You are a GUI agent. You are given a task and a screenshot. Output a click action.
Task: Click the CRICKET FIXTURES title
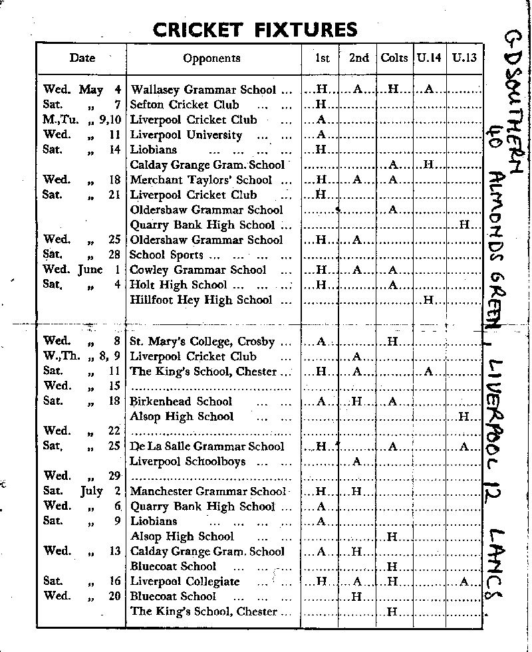tap(255, 29)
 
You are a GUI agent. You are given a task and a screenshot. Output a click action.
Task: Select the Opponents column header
tap(211, 58)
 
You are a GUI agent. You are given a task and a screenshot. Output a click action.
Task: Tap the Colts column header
tap(394, 58)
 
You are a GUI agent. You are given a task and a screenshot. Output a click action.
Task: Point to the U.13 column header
tap(464, 58)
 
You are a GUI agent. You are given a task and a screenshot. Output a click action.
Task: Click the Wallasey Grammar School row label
tap(205, 89)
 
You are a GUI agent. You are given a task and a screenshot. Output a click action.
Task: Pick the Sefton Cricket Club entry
tap(184, 104)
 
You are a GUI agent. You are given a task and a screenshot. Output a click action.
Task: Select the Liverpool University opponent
tap(186, 135)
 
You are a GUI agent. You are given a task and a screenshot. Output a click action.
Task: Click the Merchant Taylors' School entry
tap(201, 180)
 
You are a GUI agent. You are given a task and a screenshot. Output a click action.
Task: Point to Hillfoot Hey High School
tap(201, 300)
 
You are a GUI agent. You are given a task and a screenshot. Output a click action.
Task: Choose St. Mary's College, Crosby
tap(202, 342)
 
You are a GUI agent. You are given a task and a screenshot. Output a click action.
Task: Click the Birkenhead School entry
tap(181, 401)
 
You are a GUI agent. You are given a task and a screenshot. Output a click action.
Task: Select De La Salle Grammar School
tap(207, 447)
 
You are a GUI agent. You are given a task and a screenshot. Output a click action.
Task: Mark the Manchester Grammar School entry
tap(207, 492)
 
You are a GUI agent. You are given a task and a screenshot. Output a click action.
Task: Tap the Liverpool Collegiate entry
tap(184, 582)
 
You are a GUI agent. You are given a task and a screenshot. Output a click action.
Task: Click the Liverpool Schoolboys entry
tap(188, 461)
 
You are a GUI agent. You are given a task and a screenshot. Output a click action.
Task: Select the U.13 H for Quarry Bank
tap(464, 225)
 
